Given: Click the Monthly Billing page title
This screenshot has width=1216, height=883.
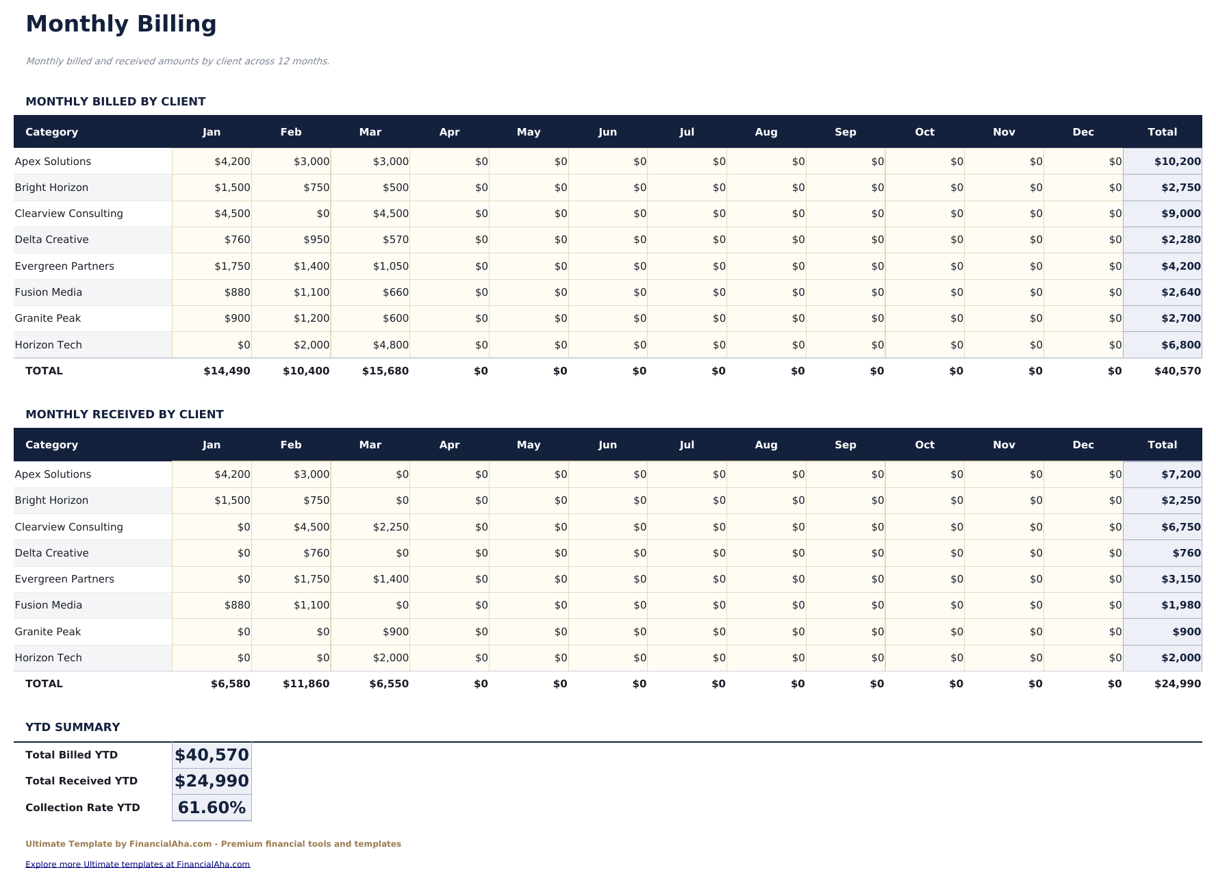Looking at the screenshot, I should click(x=121, y=24).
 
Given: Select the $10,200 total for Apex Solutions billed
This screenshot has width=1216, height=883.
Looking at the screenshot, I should click(x=1177, y=162).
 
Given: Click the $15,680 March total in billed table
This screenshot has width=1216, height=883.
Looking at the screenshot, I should click(x=385, y=371).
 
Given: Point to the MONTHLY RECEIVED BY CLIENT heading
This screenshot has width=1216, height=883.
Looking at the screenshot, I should click(x=124, y=414).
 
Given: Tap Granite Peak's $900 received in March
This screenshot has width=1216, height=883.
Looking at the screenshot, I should click(x=396, y=632).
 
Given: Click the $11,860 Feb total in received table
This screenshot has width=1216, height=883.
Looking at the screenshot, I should click(x=306, y=684).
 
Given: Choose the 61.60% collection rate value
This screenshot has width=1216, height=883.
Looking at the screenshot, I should click(x=212, y=808).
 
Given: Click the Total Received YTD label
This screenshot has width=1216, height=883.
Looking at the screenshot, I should click(x=81, y=781).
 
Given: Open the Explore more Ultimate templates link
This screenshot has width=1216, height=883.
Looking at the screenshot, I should click(x=138, y=865).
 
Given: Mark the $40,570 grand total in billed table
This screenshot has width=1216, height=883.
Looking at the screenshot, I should click(x=1177, y=371).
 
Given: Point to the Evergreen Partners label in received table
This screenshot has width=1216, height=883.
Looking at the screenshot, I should click(x=64, y=579).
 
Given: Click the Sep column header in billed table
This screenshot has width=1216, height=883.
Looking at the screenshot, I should click(x=845, y=132).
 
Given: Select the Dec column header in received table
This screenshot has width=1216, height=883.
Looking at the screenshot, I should click(x=1082, y=445).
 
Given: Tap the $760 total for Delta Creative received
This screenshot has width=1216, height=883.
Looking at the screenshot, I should click(x=1186, y=553).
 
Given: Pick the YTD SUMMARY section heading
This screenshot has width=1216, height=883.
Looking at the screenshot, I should click(x=73, y=727).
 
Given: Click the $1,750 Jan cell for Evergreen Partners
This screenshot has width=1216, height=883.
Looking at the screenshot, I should click(x=232, y=266).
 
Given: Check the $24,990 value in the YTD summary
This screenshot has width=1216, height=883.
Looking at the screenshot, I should click(x=212, y=781).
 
